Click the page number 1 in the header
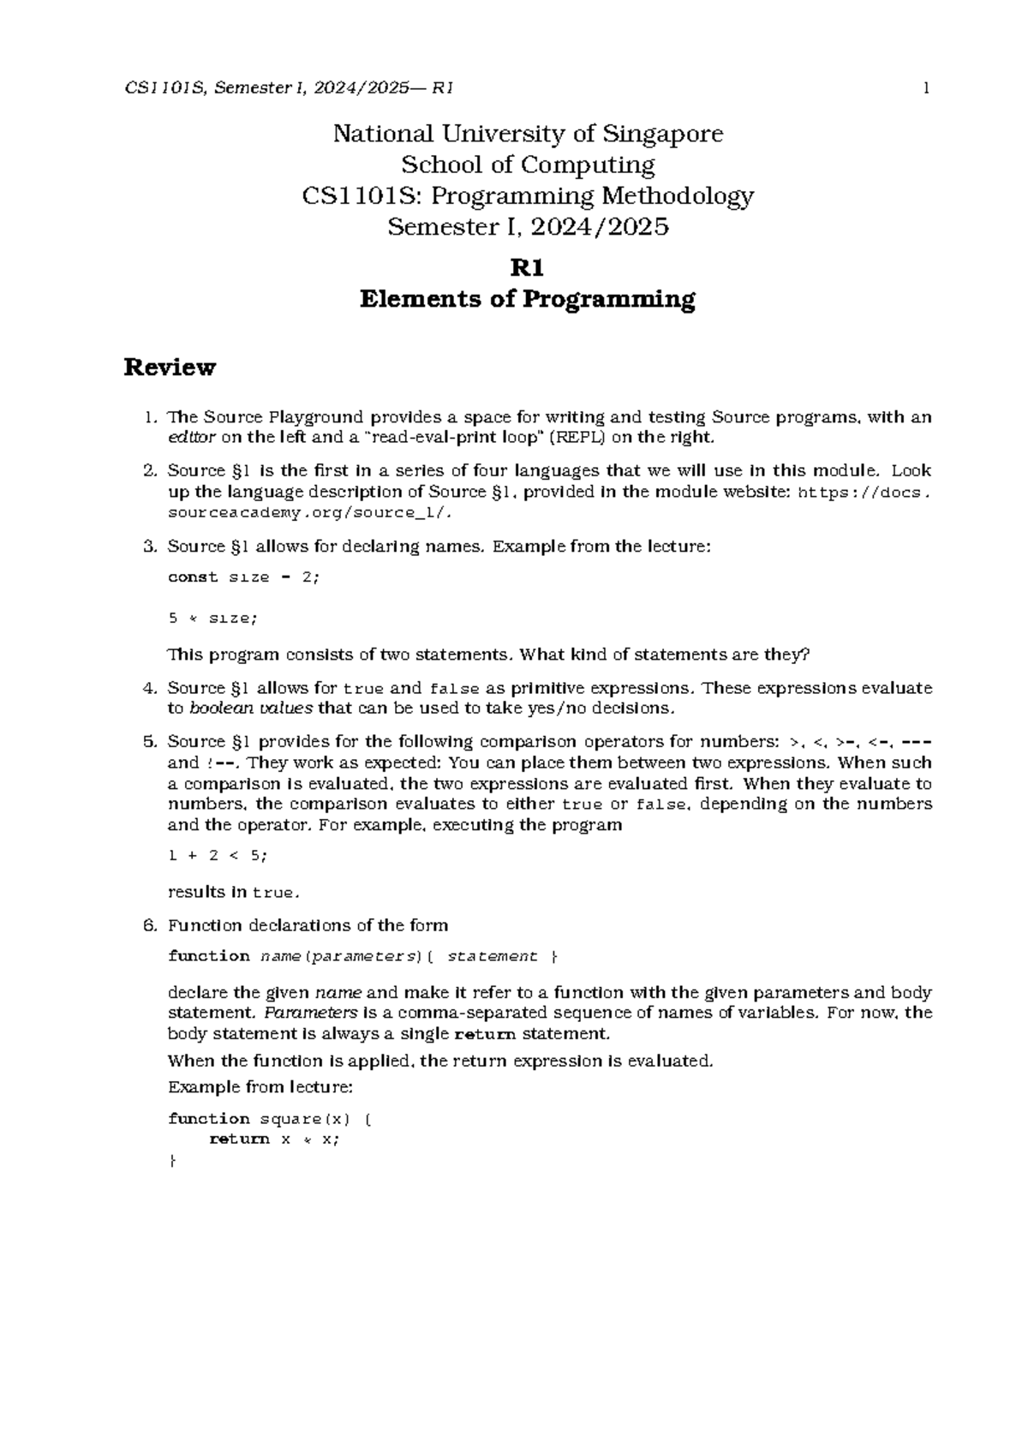(926, 87)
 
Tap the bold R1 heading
(527, 268)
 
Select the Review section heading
(170, 368)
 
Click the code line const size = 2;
(243, 577)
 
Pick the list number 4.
(150, 688)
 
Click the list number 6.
(150, 925)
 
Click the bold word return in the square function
(239, 1139)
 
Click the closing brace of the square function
(172, 1161)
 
